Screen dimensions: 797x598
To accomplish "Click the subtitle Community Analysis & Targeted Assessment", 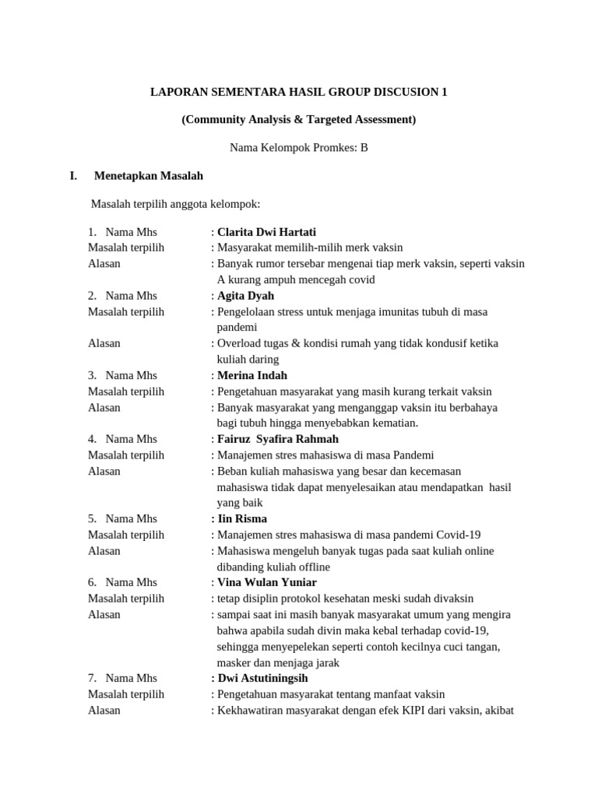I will (x=299, y=119).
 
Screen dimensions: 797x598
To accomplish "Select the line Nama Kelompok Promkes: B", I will (x=299, y=147).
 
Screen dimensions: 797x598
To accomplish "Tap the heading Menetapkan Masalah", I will (x=148, y=176).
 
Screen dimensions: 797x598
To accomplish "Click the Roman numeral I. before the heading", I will (x=73, y=176).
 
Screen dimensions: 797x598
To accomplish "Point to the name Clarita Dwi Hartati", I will (x=266, y=232).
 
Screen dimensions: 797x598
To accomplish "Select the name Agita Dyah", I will (x=245, y=296).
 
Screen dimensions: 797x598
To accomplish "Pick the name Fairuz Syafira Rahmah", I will (x=278, y=439).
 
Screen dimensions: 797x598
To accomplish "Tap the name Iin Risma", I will (x=242, y=518).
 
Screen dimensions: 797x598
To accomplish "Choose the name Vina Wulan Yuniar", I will (x=267, y=582).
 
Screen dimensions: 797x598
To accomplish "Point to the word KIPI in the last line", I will (x=392, y=710).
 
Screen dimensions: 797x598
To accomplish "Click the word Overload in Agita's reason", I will (x=239, y=343).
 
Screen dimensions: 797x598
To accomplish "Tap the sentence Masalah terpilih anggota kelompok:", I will (x=175, y=204).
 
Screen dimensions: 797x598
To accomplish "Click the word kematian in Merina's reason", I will (x=392, y=423).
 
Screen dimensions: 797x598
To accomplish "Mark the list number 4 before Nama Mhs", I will (x=92, y=439).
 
